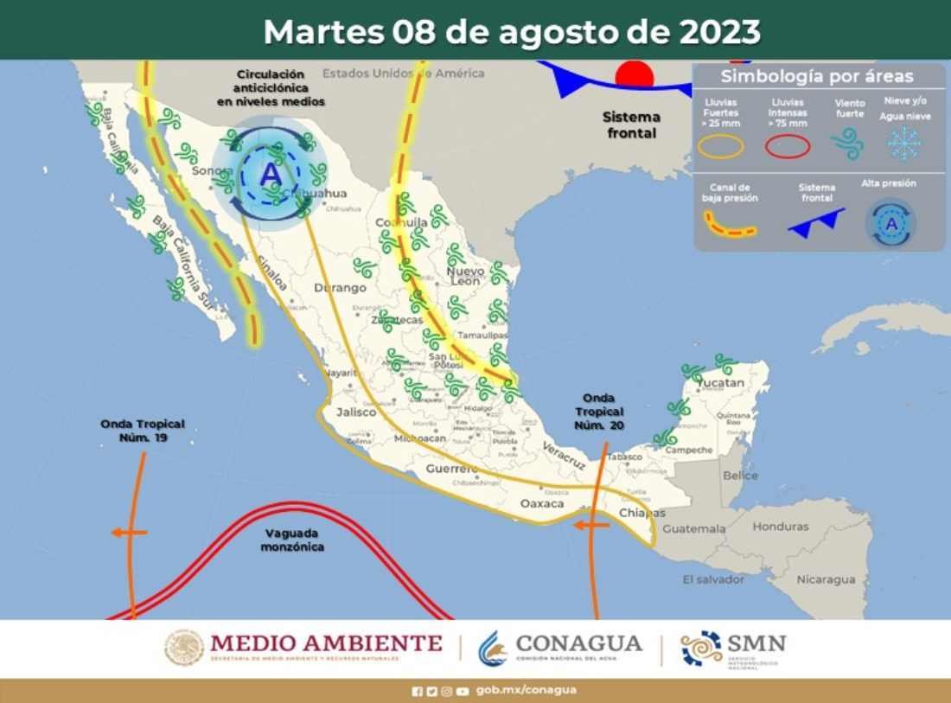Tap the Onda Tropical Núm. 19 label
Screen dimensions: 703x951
143,431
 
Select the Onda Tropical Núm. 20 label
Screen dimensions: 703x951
598,412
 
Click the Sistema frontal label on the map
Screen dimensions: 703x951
631,125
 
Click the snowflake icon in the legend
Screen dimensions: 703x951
904,143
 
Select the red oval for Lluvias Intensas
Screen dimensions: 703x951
788,147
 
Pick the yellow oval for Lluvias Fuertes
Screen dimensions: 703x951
720,147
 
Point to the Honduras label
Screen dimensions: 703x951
781,526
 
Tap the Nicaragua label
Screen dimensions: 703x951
826,578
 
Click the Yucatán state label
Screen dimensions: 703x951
722,382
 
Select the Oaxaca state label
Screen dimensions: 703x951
542,503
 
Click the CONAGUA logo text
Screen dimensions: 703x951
578,644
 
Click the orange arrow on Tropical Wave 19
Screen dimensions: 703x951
129,532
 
